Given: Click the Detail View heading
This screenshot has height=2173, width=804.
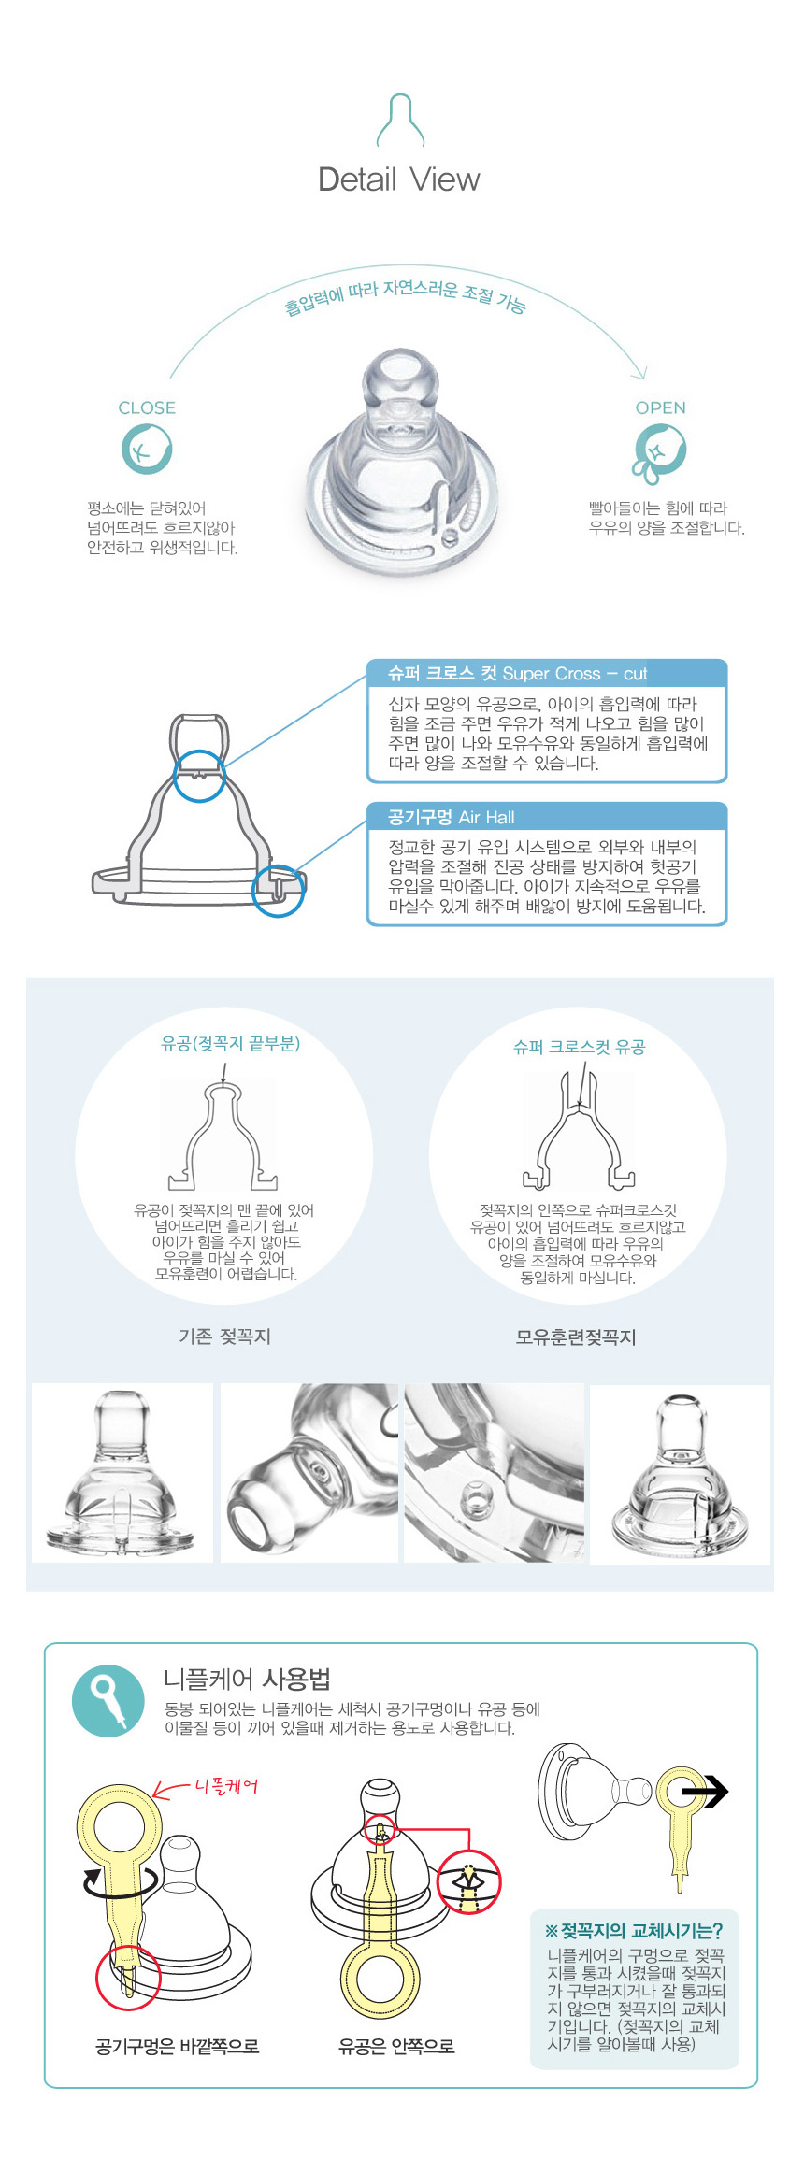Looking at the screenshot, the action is tap(399, 179).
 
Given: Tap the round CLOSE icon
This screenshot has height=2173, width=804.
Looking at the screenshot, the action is tap(147, 449).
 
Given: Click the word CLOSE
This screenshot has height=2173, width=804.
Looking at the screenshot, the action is tap(147, 407).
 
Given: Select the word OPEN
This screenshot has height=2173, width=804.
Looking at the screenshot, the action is tap(661, 407).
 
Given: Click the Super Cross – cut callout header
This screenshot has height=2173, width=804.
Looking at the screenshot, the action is tap(547, 673).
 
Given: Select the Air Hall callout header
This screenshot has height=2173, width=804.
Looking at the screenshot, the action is tap(547, 816).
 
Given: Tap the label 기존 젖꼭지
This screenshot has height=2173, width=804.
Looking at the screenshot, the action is tap(224, 1337).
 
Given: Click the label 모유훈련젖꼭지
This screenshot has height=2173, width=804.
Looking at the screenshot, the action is tap(576, 1337).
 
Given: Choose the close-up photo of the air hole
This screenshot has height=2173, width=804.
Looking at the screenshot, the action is tap(494, 1473).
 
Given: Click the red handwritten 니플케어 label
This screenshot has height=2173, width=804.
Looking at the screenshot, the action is tap(225, 1786).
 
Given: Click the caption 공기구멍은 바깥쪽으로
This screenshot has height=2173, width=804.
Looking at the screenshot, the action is tap(178, 2047).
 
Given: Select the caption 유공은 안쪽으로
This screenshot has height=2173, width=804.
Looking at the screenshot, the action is tap(396, 2047).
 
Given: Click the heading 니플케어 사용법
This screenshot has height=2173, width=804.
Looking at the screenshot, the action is tap(248, 1680).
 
